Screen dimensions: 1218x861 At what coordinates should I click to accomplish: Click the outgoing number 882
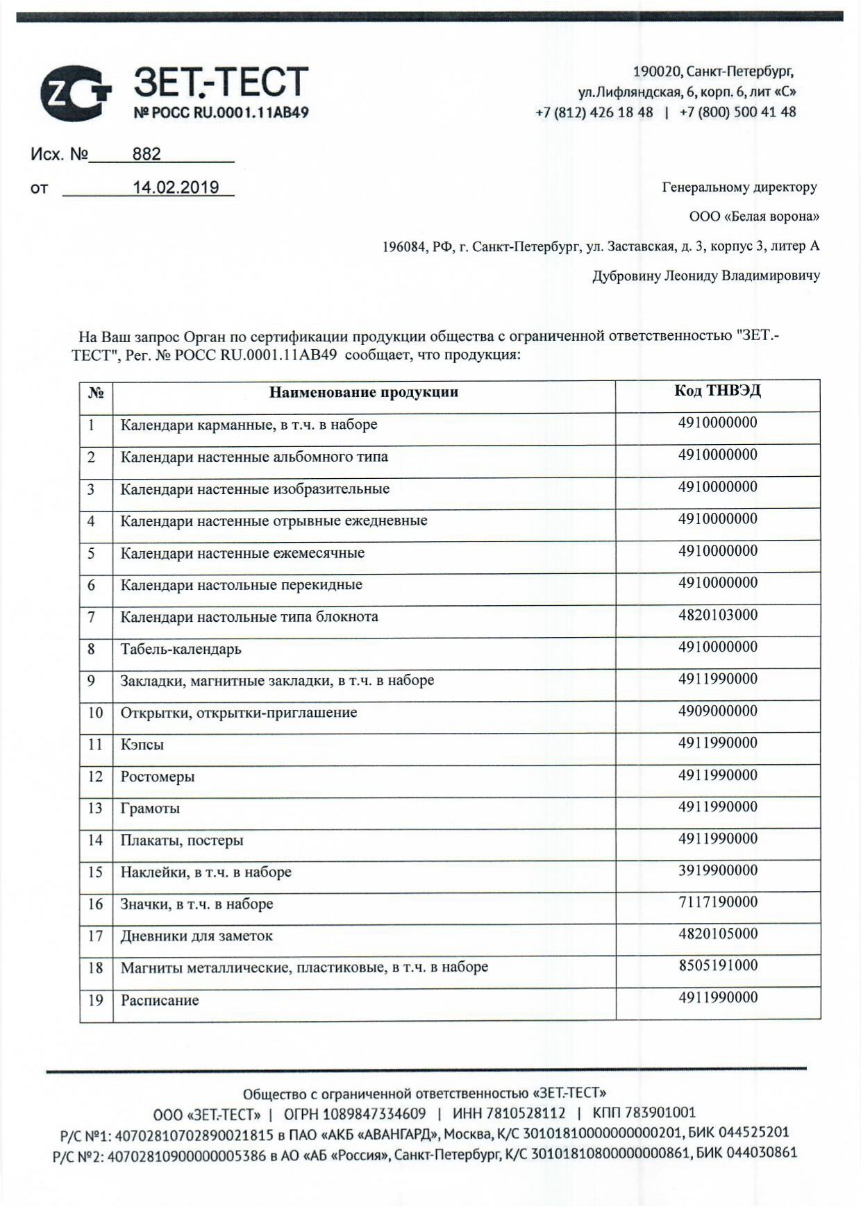click(147, 154)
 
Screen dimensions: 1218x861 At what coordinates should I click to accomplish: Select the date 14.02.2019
click(176, 187)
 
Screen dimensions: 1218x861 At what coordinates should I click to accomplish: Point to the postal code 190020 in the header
click(656, 71)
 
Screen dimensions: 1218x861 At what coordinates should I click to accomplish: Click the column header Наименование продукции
click(363, 392)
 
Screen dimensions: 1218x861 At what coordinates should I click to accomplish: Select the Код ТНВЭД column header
click(717, 391)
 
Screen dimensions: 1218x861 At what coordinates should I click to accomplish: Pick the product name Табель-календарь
click(181, 650)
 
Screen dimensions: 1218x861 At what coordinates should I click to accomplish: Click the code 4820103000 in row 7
click(717, 615)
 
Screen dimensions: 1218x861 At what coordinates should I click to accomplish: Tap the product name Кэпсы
click(142, 745)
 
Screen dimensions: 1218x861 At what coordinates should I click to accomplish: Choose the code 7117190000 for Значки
click(717, 902)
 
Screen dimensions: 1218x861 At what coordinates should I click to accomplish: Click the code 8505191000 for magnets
click(717, 965)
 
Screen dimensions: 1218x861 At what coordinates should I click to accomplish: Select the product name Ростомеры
click(158, 777)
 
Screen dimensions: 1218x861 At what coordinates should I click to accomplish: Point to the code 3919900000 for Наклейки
click(717, 870)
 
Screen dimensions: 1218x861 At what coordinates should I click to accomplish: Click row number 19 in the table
click(96, 1000)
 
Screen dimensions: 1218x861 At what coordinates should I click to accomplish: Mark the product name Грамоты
click(150, 809)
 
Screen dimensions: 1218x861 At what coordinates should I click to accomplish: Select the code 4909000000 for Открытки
click(717, 711)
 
